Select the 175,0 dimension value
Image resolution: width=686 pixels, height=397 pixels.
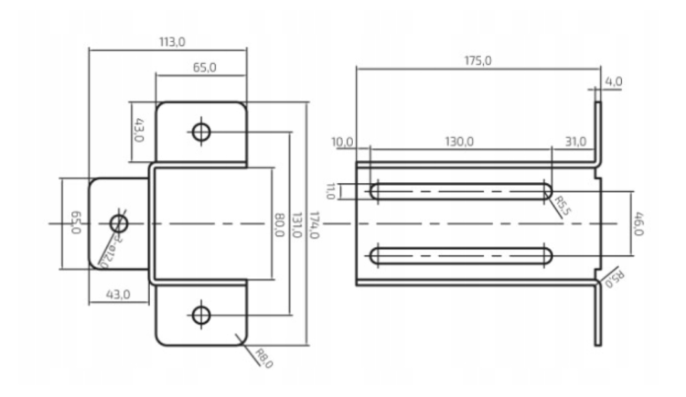pyautogui.click(x=477, y=60)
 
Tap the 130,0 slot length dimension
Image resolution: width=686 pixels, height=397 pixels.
pyautogui.click(x=459, y=142)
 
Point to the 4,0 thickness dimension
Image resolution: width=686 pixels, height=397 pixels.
pyautogui.click(x=613, y=82)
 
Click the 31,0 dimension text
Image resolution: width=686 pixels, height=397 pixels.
pyautogui.click(x=576, y=142)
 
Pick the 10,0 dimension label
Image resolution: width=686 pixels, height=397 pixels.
pyautogui.click(x=343, y=142)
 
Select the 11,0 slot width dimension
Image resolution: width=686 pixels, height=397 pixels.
pyautogui.click(x=331, y=191)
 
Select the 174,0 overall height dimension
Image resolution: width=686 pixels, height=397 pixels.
pyautogui.click(x=315, y=224)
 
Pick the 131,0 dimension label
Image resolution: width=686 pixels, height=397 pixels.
pyautogui.click(x=295, y=224)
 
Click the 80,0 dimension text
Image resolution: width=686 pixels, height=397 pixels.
pyautogui.click(x=278, y=224)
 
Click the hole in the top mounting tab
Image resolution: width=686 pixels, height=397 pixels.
pyautogui.click(x=202, y=132)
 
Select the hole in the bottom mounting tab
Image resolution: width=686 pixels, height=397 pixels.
pyautogui.click(x=202, y=316)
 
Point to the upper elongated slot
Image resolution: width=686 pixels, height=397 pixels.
pyautogui.click(x=460, y=191)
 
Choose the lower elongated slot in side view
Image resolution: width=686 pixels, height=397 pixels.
pyautogui.click(x=460, y=253)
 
